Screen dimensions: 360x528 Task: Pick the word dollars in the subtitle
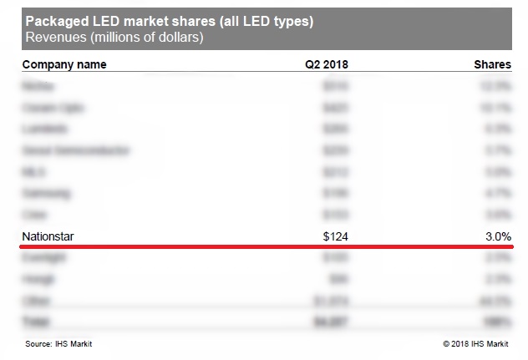[180, 38]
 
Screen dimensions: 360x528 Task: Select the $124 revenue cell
[335, 237]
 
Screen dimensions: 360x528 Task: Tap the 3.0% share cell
[497, 237]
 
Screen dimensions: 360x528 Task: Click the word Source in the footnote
[38, 343]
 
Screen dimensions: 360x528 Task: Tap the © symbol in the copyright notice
[446, 343]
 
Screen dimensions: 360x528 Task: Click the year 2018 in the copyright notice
[461, 343]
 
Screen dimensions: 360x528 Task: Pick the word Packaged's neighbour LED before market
[106, 21]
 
